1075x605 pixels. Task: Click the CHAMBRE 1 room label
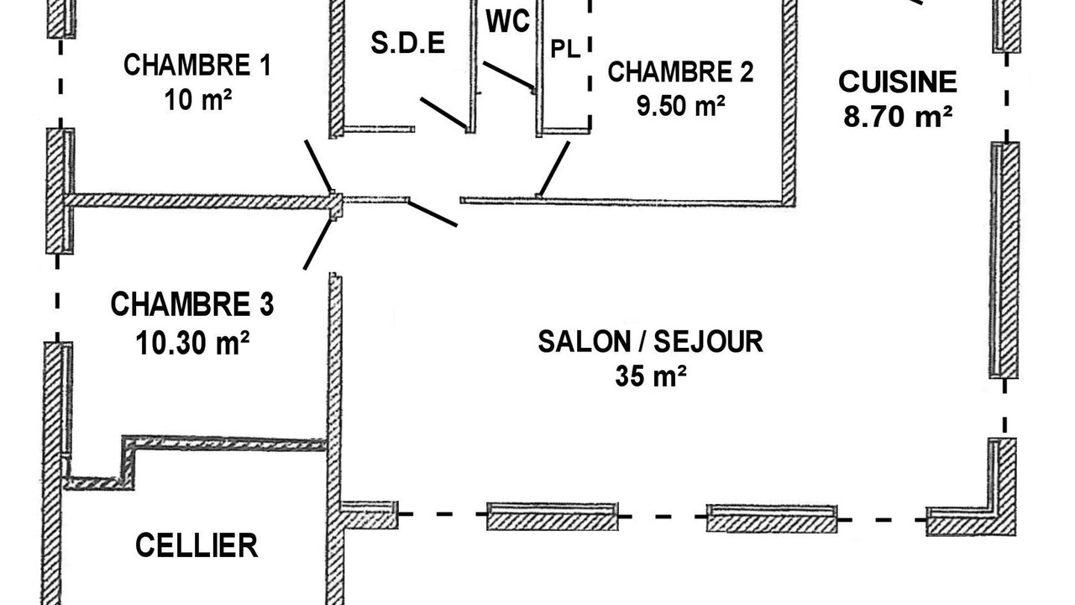point(197,66)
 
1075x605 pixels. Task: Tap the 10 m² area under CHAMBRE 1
point(197,100)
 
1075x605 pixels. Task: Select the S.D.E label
point(408,42)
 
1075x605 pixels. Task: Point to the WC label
point(508,21)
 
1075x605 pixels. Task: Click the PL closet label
point(565,49)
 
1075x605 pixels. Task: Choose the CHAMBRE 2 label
point(680,72)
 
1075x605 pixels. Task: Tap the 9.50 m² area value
point(680,106)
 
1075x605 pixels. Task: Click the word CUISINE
point(898,82)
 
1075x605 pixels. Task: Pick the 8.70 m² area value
point(898,116)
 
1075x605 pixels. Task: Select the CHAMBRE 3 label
point(192,304)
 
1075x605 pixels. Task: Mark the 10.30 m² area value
point(192,343)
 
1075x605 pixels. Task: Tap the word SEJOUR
point(708,342)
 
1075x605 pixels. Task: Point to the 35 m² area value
point(650,376)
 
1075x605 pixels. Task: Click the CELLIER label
point(197,545)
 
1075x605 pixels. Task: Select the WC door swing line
point(509,76)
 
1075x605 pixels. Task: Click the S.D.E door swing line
point(443,113)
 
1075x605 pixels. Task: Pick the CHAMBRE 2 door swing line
point(554,168)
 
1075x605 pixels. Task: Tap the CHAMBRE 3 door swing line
point(317,244)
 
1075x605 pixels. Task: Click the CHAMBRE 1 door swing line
point(318,166)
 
